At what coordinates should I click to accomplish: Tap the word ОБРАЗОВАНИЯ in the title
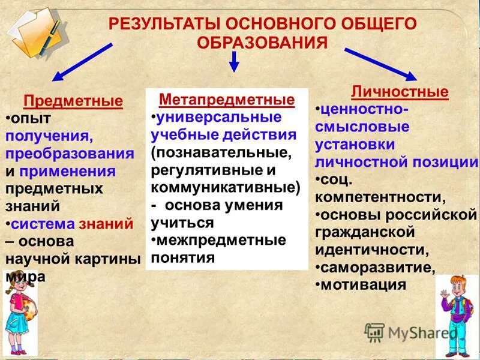[263, 43]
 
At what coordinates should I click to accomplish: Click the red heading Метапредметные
[227, 99]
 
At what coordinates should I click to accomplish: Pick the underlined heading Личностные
[399, 92]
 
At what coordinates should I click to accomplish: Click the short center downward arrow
[235, 61]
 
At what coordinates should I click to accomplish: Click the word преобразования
[70, 153]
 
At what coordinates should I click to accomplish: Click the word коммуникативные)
[226, 187]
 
